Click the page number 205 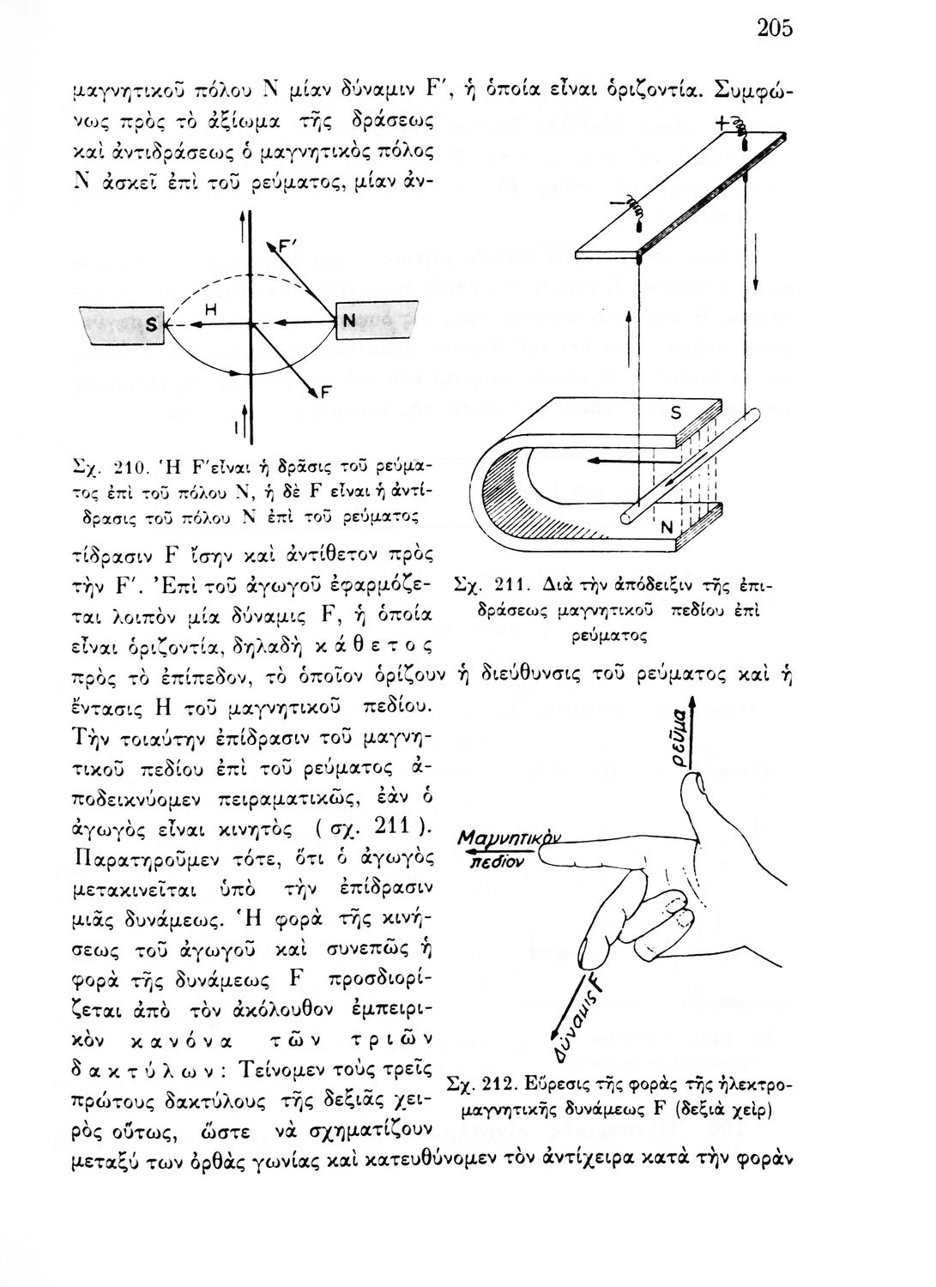click(x=774, y=28)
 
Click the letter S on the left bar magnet click(x=151, y=324)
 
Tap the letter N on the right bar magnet click(x=348, y=321)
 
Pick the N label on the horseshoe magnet click(x=666, y=530)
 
